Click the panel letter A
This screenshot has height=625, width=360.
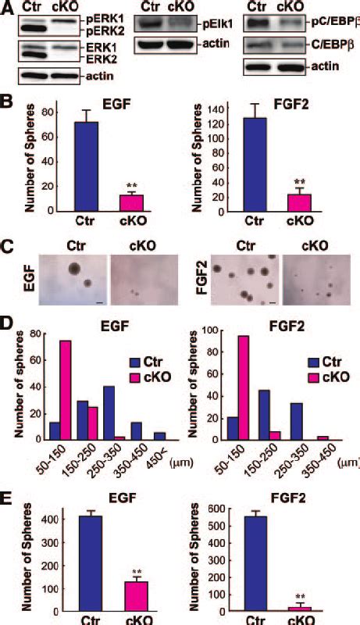(7, 8)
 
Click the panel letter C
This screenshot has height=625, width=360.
(7, 248)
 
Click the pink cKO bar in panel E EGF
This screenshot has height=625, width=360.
(116, 597)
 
